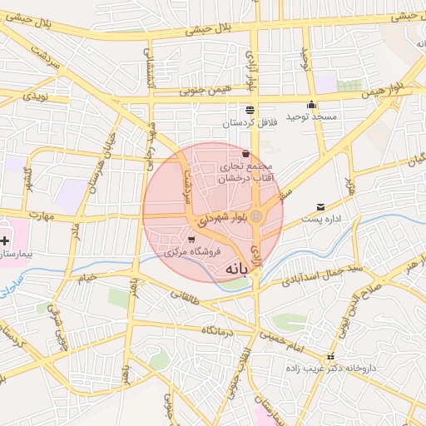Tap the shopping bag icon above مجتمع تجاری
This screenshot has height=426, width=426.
245,154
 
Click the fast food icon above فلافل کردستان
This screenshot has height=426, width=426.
250,110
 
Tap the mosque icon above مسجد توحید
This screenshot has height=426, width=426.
312,105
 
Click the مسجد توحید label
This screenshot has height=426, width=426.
312,117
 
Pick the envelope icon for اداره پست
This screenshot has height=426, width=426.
320,207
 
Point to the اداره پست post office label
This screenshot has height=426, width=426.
321,220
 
